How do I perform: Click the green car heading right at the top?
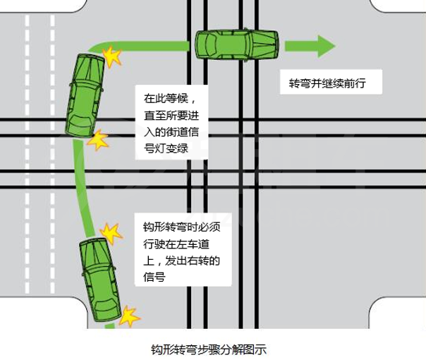click(x=236, y=47)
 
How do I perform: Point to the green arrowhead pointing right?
click(x=324, y=47)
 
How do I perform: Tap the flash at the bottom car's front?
click(x=110, y=231)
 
